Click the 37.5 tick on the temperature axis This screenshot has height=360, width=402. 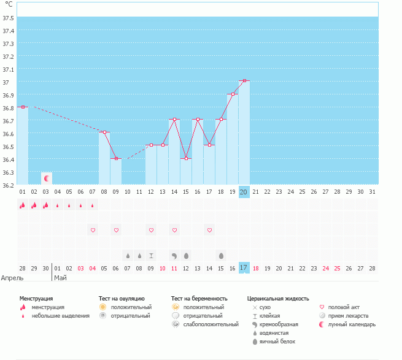[9, 18]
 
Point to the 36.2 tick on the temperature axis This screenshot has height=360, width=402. [9, 185]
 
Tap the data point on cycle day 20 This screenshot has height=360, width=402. [244, 81]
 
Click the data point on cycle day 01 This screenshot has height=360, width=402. [23, 107]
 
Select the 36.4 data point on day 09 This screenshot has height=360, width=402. [116, 159]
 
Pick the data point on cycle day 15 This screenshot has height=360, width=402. [186, 159]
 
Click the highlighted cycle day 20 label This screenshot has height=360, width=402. [244, 192]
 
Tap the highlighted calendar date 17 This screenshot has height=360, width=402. [244, 268]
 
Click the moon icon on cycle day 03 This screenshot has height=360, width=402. [46, 178]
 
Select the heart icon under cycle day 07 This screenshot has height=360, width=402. [93, 230]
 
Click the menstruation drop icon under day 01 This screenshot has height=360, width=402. [23, 206]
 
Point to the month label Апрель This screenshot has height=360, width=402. [12, 278]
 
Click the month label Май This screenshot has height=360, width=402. [61, 278]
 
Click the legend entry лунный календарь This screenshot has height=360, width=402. [352, 324]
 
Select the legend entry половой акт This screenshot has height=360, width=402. [344, 307]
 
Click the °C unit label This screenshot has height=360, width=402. [9, 4]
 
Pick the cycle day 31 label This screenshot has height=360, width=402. [372, 192]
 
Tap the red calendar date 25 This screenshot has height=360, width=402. [337, 268]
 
